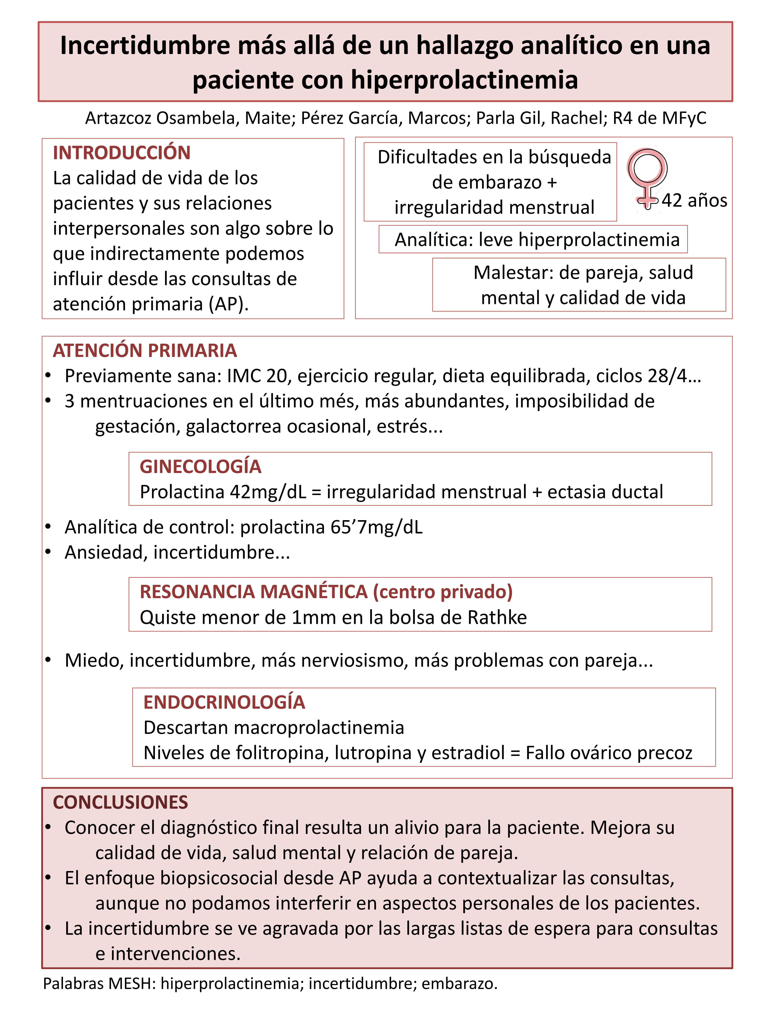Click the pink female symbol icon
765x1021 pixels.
pyautogui.click(x=647, y=178)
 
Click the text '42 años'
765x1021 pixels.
pyautogui.click(x=694, y=200)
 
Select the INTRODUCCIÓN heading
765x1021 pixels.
pyautogui.click(x=122, y=153)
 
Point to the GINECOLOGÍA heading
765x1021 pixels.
pyautogui.click(x=201, y=467)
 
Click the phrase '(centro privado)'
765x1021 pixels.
pyautogui.click(x=443, y=592)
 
